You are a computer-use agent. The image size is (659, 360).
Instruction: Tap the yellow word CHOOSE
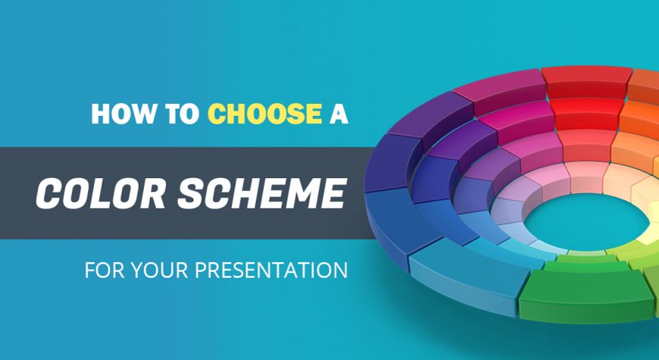coord(265,114)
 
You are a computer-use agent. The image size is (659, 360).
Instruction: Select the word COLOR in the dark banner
coord(101,193)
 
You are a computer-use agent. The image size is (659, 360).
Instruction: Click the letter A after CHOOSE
coord(339,114)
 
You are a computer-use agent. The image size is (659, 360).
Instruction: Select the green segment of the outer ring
coord(586,293)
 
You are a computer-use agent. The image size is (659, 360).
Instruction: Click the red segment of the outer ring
coord(586,81)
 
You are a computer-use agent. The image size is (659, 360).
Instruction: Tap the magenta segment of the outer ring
coord(501,92)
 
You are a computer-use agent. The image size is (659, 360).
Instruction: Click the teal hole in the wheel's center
coord(587,220)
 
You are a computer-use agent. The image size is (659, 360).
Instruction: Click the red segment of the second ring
coord(586,113)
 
